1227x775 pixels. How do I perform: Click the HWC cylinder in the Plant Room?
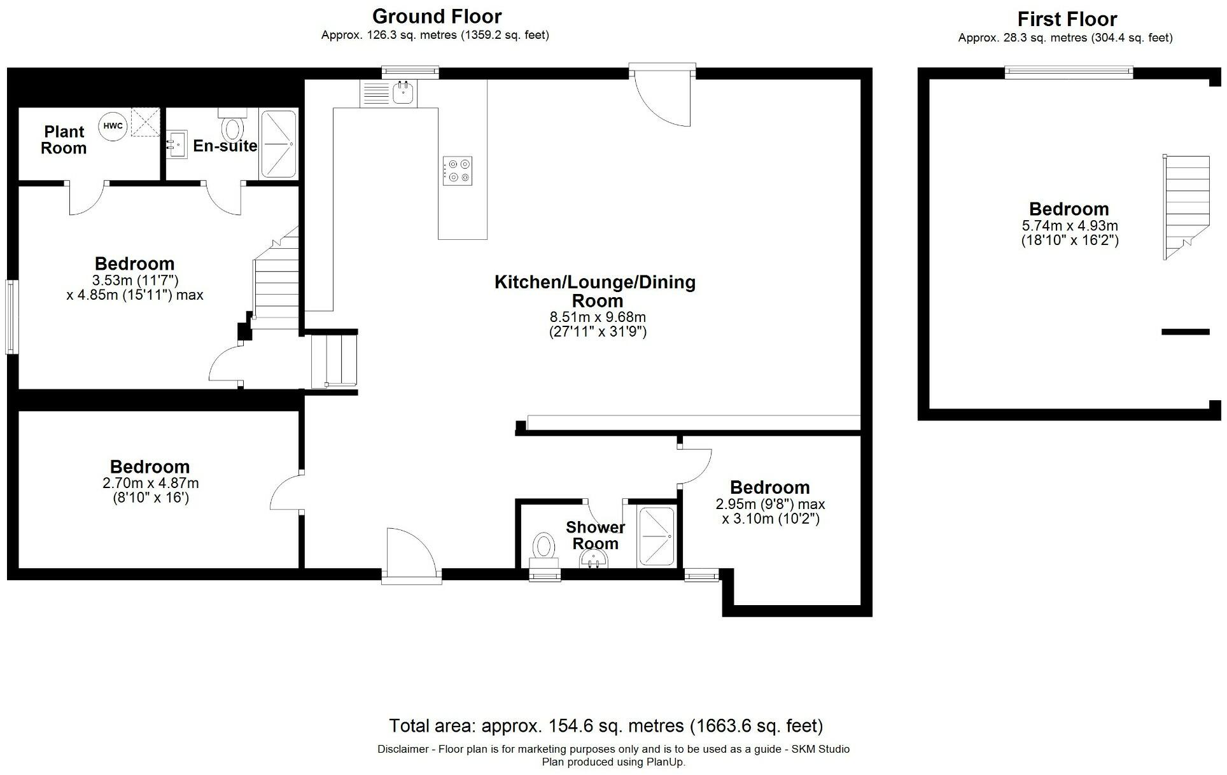coord(113,126)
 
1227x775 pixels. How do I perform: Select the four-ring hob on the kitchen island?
coord(458,171)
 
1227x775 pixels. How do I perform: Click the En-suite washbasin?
coord(177,144)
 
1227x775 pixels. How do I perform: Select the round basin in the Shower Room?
coord(594,560)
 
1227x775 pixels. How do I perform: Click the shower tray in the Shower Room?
coord(656,536)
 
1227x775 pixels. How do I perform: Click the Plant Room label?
coord(64,140)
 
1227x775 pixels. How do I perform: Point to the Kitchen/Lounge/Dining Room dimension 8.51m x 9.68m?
coord(597,317)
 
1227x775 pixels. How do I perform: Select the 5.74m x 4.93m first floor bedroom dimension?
coord(1069,226)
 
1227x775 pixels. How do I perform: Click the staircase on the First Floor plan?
coord(1186,207)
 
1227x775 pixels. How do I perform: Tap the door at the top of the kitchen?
coord(662,95)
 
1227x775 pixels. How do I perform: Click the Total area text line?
coord(605,725)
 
